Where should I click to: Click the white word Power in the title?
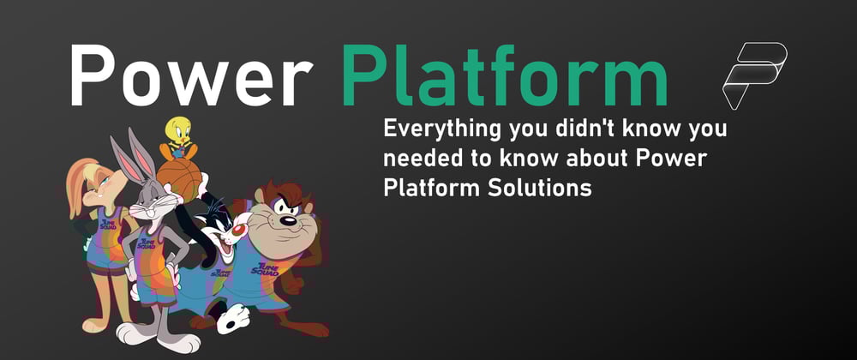[x=191, y=75]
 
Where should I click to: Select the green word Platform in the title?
[x=505, y=75]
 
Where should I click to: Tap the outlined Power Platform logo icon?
[x=754, y=75]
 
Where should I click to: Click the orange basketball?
[x=180, y=178]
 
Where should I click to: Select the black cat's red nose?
[x=239, y=230]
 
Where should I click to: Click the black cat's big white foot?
[x=233, y=319]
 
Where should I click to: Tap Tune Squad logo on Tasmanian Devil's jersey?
[x=265, y=269]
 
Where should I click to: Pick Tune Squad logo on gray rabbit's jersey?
[x=146, y=243]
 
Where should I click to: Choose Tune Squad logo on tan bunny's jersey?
[x=108, y=224]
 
